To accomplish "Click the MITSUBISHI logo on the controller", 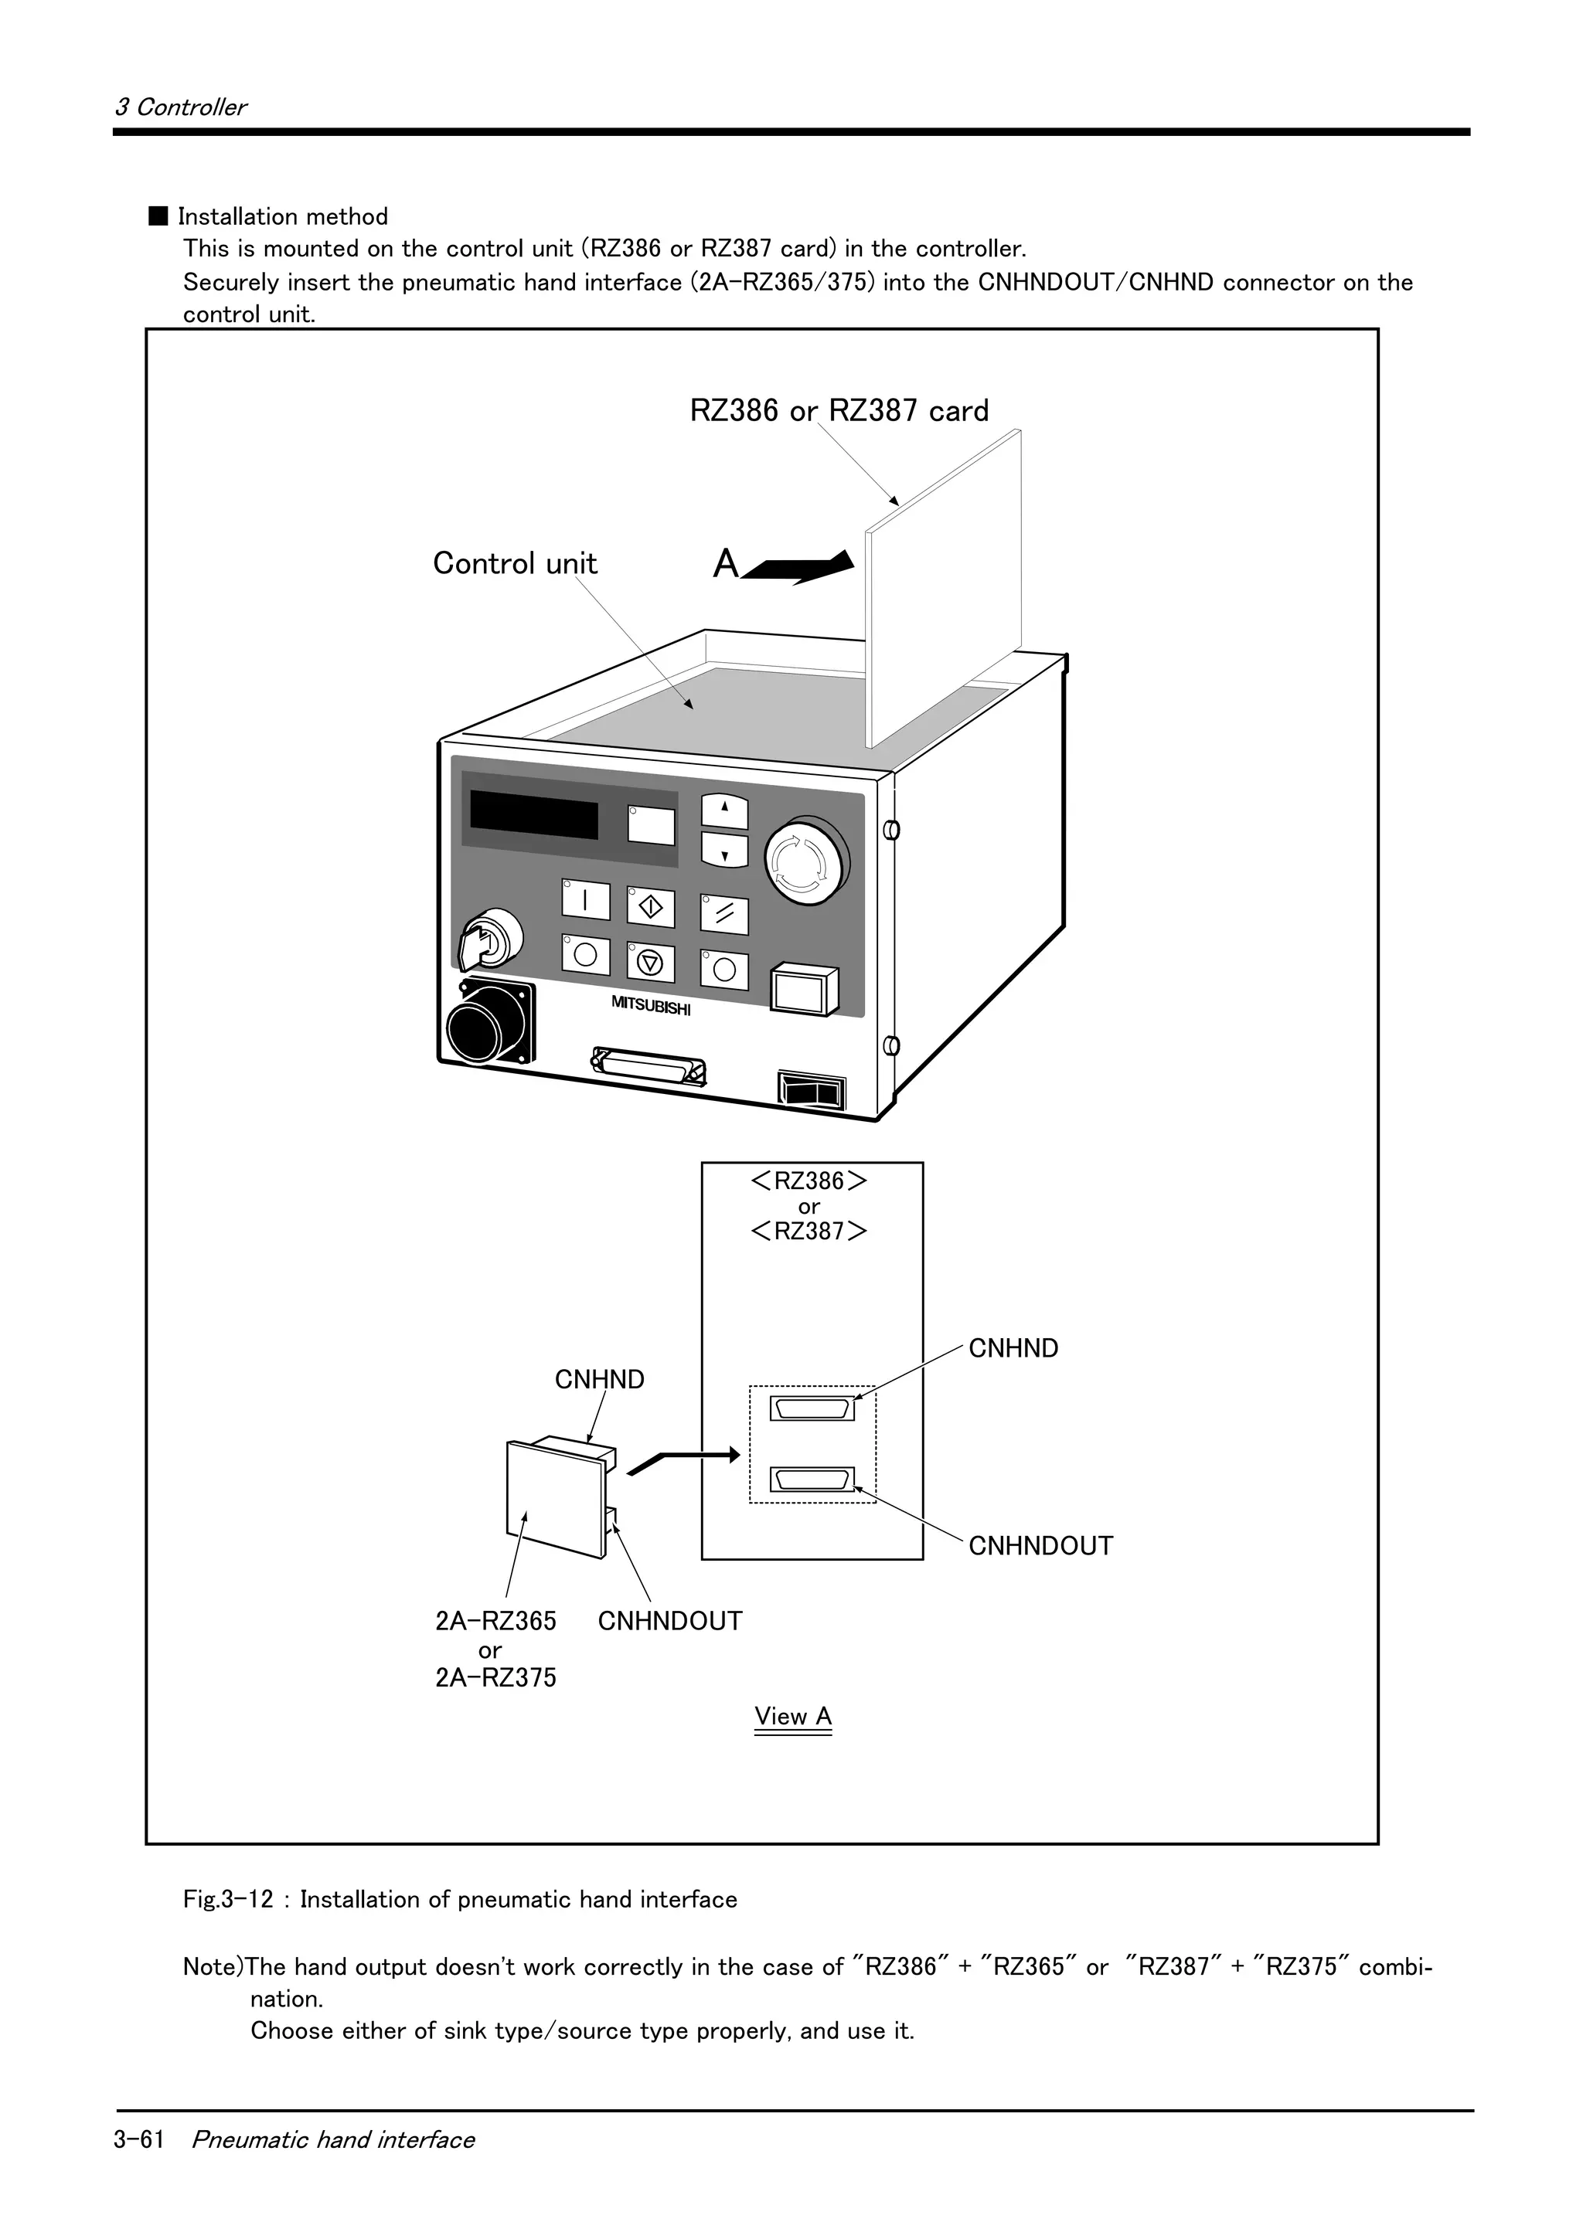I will click(651, 1005).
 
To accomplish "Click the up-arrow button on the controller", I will click(725, 810).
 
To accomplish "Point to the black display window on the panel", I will click(533, 814).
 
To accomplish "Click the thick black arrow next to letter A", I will click(800, 566).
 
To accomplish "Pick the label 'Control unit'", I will click(514, 564).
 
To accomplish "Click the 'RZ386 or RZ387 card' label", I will click(839, 410).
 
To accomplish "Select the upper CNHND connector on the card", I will click(812, 1409).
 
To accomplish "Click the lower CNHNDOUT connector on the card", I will click(812, 1480).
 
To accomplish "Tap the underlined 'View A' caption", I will click(792, 1716).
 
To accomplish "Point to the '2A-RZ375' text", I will click(495, 1677).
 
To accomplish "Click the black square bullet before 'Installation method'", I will click(158, 216).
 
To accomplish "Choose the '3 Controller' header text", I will click(180, 107).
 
